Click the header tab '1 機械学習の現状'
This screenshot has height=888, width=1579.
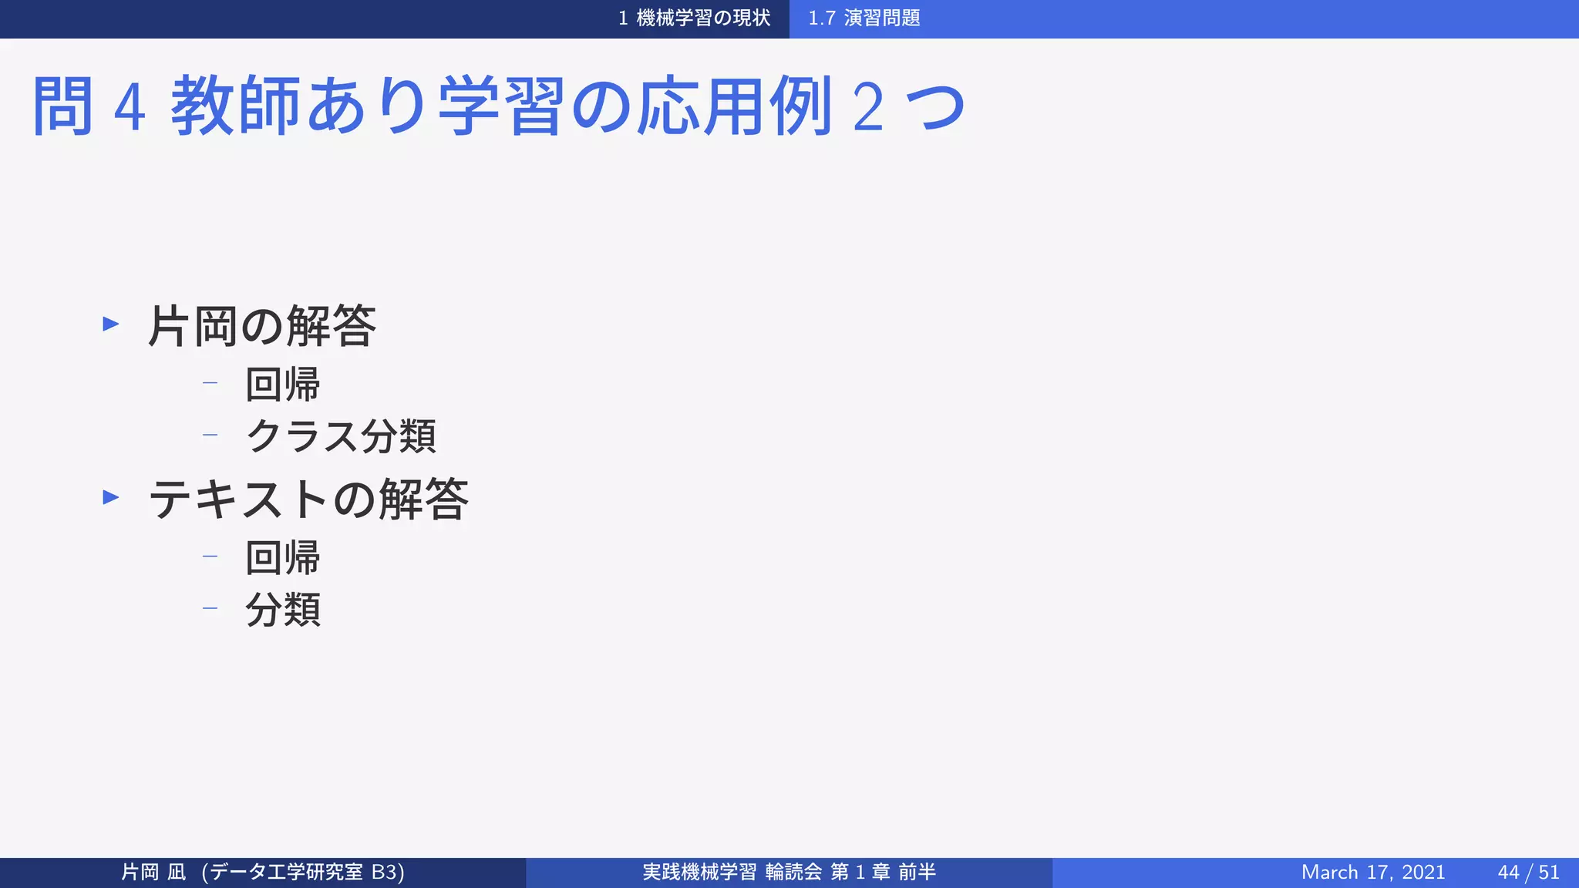(694, 18)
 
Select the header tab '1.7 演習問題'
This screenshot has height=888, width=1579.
(864, 18)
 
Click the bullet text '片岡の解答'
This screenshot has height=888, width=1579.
(261, 326)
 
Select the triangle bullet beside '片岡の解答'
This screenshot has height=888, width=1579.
(111, 324)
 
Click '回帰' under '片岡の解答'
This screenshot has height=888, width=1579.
(282, 384)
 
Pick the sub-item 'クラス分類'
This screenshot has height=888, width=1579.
(341, 436)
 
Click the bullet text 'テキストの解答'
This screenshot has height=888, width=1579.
(308, 499)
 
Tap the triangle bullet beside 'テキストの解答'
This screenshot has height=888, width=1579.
(111, 497)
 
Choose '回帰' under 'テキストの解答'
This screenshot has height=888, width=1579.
(282, 557)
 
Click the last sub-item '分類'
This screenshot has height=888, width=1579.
(282, 610)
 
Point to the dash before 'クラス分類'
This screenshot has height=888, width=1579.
(210, 435)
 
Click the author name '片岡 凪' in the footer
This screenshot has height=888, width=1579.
(153, 872)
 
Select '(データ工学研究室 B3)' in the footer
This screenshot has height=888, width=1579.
(302, 872)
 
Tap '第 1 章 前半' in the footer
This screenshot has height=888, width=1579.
(883, 872)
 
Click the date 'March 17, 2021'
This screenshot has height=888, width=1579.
(1372, 872)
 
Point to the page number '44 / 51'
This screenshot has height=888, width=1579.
(1528, 872)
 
